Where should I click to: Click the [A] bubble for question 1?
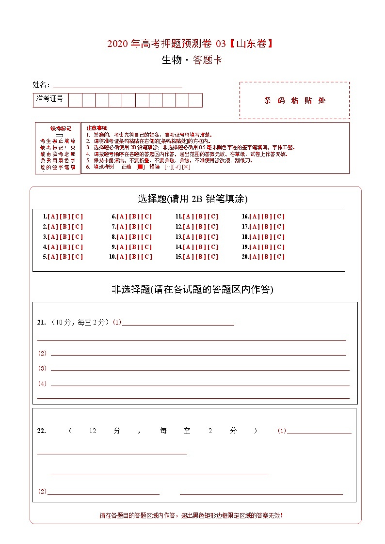tap(52, 217)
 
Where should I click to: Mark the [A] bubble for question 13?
tap(188, 237)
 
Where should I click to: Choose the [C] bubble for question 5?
tap(77, 257)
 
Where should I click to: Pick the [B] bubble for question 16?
tap(266, 217)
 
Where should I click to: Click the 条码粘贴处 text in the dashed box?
tap(294, 101)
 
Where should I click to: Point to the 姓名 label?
tap(41, 85)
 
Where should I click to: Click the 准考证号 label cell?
tap(50, 99)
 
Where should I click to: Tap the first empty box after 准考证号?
tap(75, 100)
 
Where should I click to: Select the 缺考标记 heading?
tap(61, 128)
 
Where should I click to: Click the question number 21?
tap(41, 323)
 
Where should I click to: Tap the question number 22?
tap(41, 431)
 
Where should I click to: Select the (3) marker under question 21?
tap(42, 368)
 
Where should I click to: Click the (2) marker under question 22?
tap(42, 491)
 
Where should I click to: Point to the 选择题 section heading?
tap(152, 199)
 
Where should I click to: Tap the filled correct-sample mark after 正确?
tap(140, 167)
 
